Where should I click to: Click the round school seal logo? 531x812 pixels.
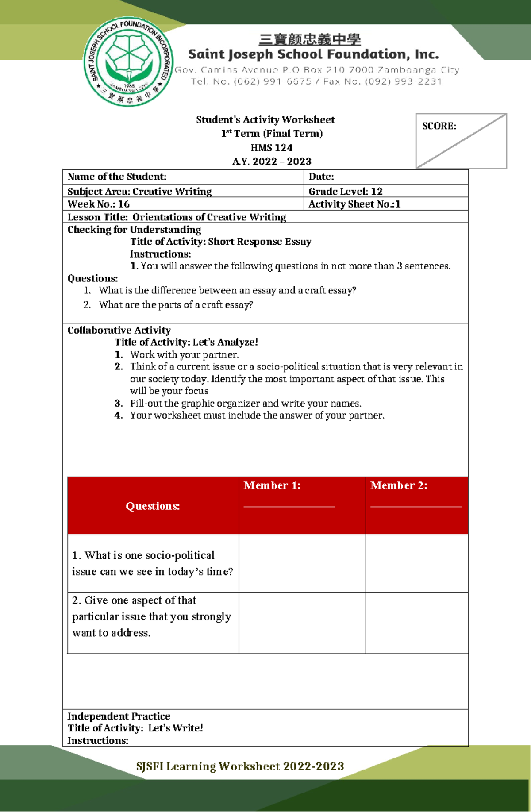click(129, 62)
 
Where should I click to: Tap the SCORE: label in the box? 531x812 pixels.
click(439, 126)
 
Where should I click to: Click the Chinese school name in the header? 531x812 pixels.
click(310, 40)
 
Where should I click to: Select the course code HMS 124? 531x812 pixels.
click(271, 148)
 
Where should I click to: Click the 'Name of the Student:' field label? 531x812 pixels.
click(117, 177)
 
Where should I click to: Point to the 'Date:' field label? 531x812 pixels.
click(321, 177)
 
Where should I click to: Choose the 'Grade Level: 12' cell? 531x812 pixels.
click(345, 192)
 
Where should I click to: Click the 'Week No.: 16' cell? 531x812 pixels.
click(98, 204)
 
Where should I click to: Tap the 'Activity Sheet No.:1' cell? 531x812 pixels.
click(354, 204)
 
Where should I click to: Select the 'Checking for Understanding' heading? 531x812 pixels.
click(134, 230)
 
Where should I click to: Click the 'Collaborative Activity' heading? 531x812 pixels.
click(119, 330)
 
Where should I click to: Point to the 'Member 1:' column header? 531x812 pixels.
click(272, 485)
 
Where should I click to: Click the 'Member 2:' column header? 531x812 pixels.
click(398, 485)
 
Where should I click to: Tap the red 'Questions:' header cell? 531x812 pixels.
click(153, 506)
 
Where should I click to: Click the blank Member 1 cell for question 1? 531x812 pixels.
click(302, 563)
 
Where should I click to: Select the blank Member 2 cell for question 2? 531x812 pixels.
click(416, 623)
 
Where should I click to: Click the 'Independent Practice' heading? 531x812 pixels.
click(119, 716)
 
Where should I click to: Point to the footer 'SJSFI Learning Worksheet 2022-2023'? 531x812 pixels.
click(240, 766)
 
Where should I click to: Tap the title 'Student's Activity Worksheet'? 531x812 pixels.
click(265, 120)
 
